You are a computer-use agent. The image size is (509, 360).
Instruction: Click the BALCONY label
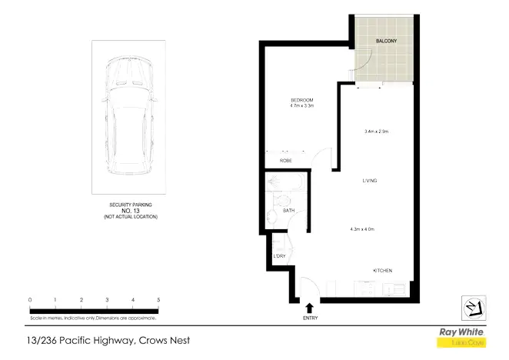[385, 40]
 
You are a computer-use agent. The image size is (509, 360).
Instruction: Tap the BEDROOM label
[301, 101]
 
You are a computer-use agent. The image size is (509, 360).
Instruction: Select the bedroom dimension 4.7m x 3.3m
[301, 107]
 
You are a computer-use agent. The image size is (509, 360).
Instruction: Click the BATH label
[289, 209]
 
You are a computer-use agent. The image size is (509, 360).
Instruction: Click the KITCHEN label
[383, 271]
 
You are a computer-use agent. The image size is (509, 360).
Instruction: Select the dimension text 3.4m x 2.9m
[377, 132]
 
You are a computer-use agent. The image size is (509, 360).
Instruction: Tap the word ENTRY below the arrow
[311, 318]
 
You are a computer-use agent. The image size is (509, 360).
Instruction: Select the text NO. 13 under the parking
[130, 211]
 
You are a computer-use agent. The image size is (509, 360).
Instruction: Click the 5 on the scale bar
[158, 299]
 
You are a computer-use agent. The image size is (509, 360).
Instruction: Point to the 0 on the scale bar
[29, 299]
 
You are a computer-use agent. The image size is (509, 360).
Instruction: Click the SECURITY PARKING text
[130, 205]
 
